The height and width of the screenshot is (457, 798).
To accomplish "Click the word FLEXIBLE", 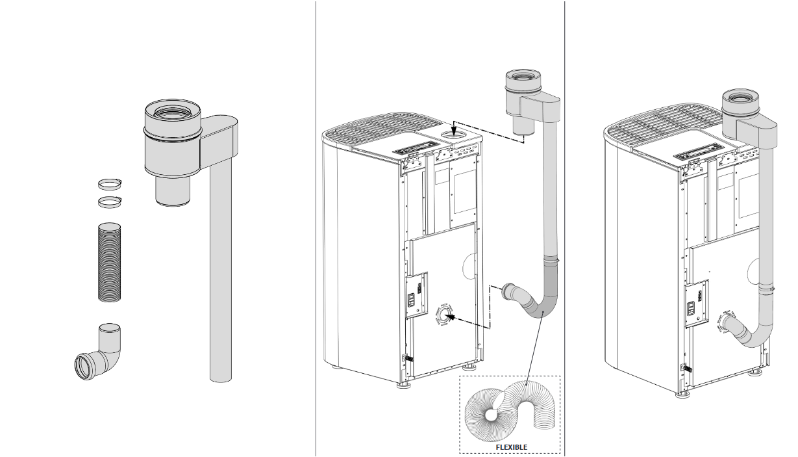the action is pos(511,447).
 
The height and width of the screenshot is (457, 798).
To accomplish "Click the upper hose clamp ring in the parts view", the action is pos(110,184).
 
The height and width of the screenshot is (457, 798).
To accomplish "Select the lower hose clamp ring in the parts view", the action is pos(110,202).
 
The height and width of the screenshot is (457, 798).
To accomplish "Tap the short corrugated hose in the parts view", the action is pos(109,262).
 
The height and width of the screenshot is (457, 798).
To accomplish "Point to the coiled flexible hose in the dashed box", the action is pos(510,410).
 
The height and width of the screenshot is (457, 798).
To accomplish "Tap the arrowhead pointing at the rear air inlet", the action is pos(451,317).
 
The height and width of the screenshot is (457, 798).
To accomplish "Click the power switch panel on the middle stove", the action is pos(416,294).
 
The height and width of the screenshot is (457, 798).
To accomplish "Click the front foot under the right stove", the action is pos(682,394).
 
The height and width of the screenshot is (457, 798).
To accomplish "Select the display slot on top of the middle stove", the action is pos(416,148).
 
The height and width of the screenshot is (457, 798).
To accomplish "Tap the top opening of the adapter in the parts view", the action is pos(173,111).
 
